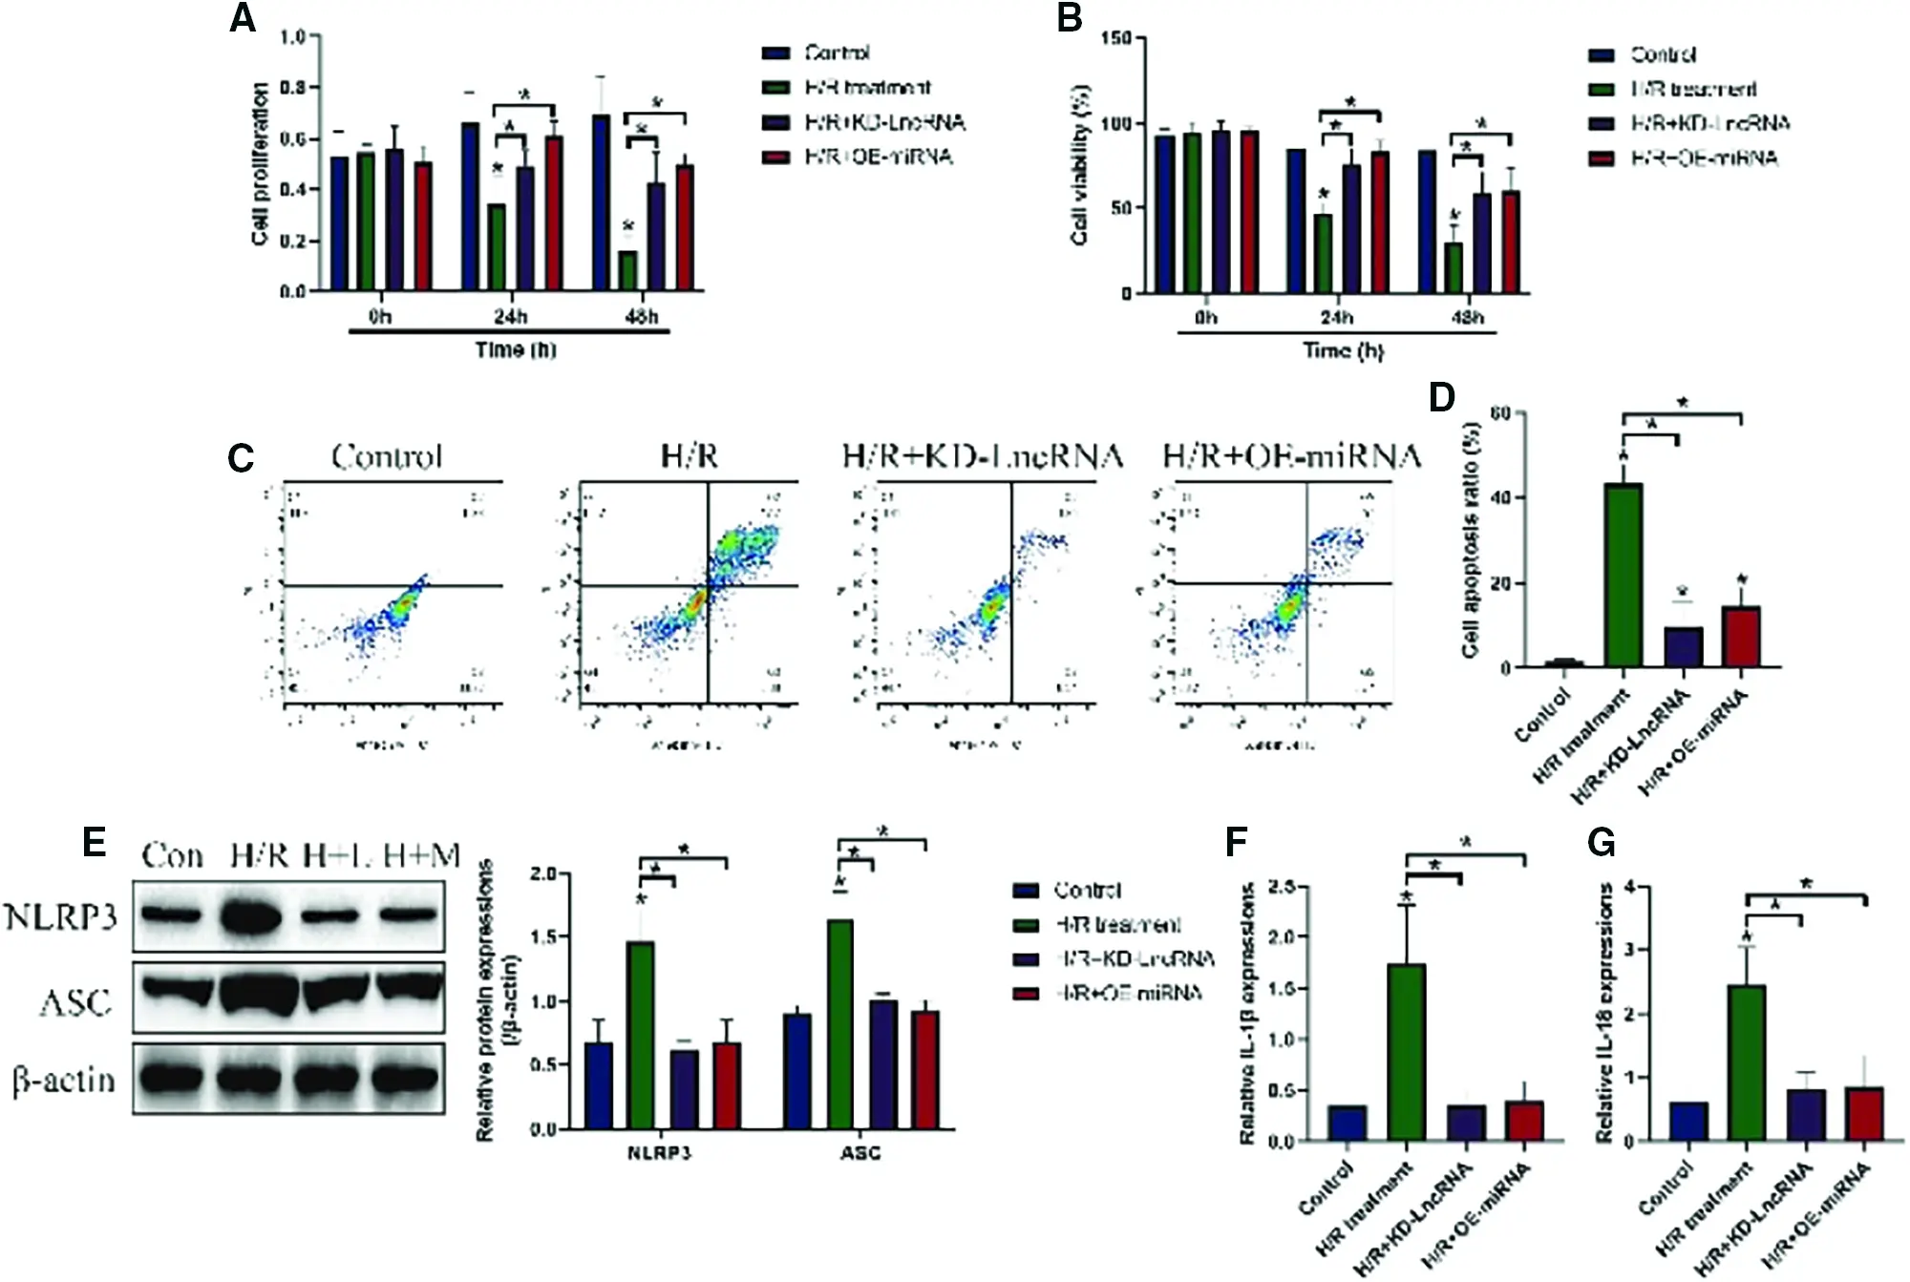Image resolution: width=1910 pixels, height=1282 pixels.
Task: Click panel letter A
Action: pyautogui.click(x=243, y=19)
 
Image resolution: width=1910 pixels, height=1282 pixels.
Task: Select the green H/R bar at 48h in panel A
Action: pyautogui.click(x=627, y=270)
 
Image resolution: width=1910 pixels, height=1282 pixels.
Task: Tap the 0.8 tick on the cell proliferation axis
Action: pyautogui.click(x=292, y=88)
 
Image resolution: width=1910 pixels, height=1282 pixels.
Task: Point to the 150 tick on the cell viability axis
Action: pyautogui.click(x=1115, y=38)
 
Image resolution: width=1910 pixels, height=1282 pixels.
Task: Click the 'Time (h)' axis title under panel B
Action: pyautogui.click(x=1343, y=351)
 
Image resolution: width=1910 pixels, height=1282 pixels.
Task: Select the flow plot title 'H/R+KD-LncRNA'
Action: pyautogui.click(x=982, y=456)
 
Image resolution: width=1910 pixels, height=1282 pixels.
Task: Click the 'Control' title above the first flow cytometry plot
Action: pyautogui.click(x=387, y=456)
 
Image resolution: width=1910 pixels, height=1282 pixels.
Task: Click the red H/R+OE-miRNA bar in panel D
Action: pyautogui.click(x=1740, y=636)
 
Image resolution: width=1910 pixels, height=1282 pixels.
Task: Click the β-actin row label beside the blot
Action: pyautogui.click(x=64, y=1081)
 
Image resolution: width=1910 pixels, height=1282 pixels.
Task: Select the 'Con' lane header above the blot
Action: pyautogui.click(x=173, y=855)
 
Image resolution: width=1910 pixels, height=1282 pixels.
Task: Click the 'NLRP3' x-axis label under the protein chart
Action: pyautogui.click(x=659, y=1153)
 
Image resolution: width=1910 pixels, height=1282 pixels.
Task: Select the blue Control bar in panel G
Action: pyautogui.click(x=1688, y=1121)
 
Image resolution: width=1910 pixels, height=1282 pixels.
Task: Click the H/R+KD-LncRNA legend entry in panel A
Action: pyautogui.click(x=883, y=122)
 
